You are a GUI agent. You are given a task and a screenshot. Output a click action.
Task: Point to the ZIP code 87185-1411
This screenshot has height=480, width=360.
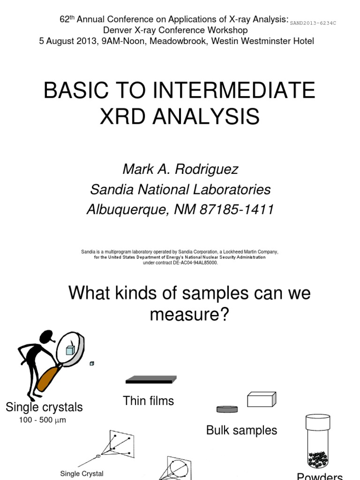[x=237, y=210]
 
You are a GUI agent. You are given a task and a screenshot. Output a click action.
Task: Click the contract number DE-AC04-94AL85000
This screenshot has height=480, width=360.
[x=194, y=262]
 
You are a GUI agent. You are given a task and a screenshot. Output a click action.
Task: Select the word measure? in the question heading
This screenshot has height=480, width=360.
[x=189, y=315]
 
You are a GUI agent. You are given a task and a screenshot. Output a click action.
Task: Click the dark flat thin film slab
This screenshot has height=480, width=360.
[x=150, y=379]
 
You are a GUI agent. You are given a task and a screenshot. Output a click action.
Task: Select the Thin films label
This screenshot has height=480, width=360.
[x=148, y=401]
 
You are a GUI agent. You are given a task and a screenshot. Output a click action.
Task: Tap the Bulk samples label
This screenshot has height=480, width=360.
[x=241, y=430]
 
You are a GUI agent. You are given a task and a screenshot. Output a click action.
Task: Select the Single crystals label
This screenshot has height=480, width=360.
[x=44, y=407]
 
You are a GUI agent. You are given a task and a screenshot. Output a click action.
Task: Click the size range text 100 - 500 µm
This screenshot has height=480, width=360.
[x=43, y=420]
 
